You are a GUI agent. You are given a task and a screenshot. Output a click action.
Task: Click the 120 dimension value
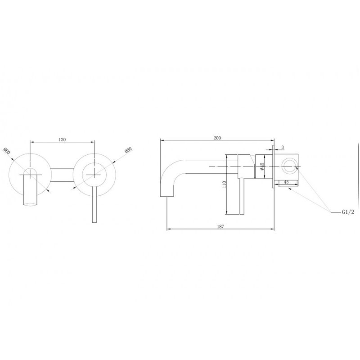[62, 139]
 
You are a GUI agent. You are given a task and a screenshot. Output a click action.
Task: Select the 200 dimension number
[217, 138]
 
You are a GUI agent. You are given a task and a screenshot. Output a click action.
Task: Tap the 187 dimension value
[220, 226]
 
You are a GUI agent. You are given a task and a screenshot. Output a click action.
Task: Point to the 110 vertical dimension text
[224, 184]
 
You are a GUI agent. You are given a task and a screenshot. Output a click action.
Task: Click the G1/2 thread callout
[348, 212]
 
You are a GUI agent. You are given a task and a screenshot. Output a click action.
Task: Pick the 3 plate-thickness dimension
[283, 147]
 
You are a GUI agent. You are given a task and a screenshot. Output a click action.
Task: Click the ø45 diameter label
[262, 166]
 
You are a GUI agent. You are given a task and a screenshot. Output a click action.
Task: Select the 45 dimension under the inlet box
[286, 182]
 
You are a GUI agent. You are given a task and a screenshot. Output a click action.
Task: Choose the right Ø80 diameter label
[128, 150]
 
